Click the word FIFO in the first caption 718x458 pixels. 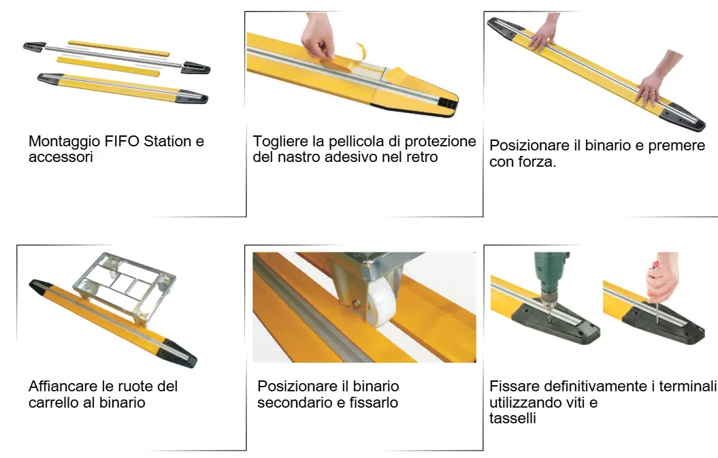click(x=123, y=141)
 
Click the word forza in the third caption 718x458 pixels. click(x=537, y=162)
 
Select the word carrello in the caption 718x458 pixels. click(x=52, y=403)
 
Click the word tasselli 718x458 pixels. click(x=512, y=418)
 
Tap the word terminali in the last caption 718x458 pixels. click(x=688, y=386)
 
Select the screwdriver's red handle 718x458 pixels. click(x=655, y=265)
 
